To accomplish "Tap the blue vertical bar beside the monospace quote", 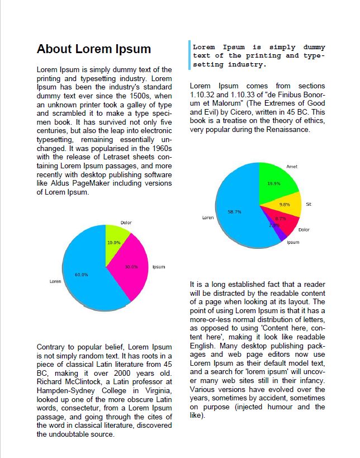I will (x=190, y=55).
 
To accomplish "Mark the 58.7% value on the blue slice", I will (x=234, y=212).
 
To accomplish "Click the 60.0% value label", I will (x=82, y=275).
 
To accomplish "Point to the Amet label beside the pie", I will (x=292, y=167).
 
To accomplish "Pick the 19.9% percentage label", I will (x=273, y=183).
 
